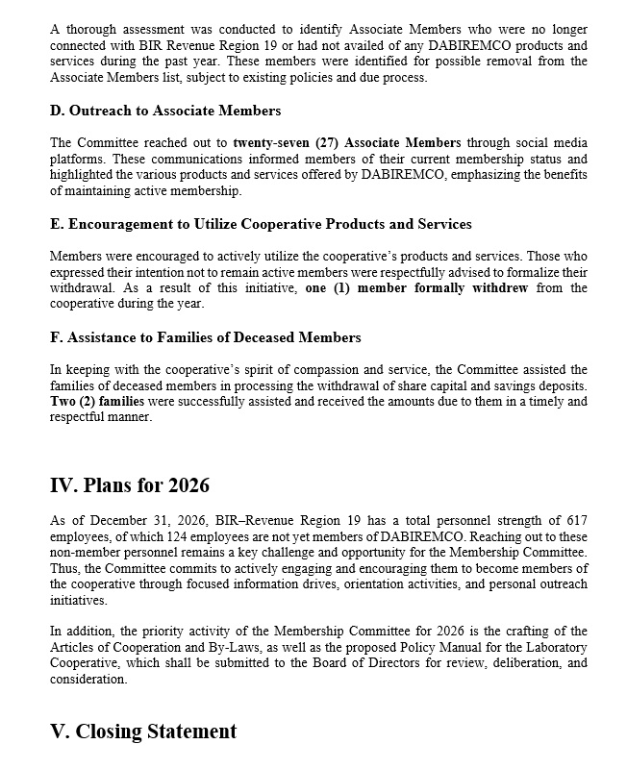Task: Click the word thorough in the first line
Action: tap(88, 30)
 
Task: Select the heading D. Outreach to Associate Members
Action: tap(165, 111)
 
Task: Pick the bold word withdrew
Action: tap(497, 287)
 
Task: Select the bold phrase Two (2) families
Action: tap(97, 402)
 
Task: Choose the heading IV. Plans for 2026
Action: tap(129, 484)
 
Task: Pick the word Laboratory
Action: tap(551, 647)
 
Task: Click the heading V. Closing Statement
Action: tap(143, 732)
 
